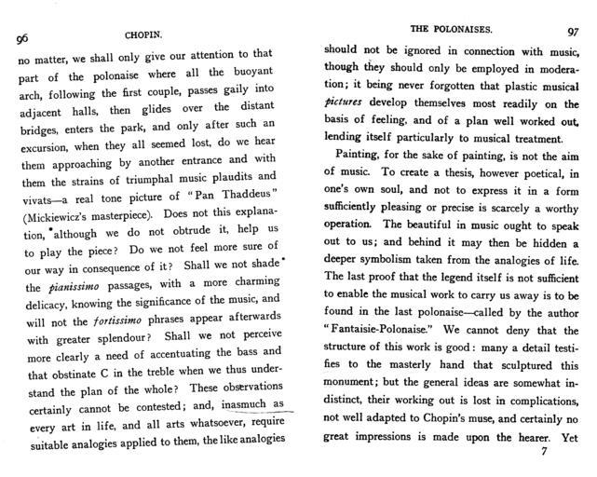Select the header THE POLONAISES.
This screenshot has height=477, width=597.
click(x=448, y=30)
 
